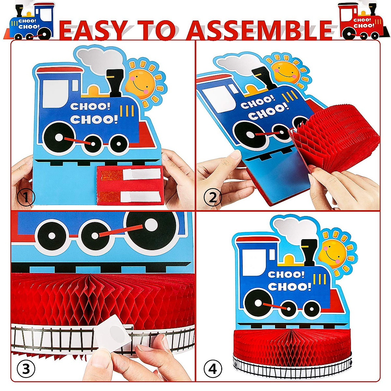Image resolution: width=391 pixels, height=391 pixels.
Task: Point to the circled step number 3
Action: click(x=26, y=369)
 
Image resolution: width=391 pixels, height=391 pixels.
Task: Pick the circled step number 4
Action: click(x=213, y=369)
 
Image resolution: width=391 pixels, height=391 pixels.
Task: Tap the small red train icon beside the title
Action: click(x=362, y=22)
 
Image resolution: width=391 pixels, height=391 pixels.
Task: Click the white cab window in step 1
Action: click(x=57, y=93)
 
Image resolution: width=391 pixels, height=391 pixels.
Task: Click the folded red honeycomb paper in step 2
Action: click(x=336, y=137)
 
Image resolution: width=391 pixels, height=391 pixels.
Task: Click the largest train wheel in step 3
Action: click(x=151, y=226)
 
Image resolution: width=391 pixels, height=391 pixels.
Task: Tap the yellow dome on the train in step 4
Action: click(x=289, y=259)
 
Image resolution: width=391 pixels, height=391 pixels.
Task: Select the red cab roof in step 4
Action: click(x=257, y=240)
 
